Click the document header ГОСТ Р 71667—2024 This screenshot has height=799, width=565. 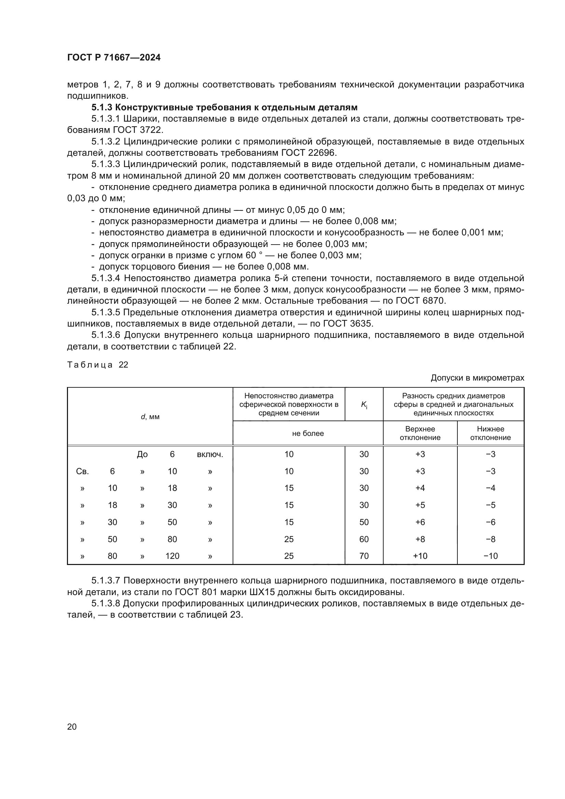point(114,58)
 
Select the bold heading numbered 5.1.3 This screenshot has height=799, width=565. point(224,107)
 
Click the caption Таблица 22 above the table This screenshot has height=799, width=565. point(98,365)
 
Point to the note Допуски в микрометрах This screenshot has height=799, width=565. point(477,378)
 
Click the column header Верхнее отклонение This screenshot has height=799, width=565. point(420,433)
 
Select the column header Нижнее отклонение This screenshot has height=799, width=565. point(490,433)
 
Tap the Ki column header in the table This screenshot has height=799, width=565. point(364,404)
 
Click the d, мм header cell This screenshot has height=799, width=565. point(150,416)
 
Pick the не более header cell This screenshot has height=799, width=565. point(308,433)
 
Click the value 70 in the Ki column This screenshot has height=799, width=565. point(364,556)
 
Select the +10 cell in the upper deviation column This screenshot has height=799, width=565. point(420,556)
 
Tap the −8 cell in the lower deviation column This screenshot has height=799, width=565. point(491,539)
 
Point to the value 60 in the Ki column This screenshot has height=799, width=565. point(364,539)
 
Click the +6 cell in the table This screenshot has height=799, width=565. point(420,522)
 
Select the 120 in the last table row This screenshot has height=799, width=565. point(172,556)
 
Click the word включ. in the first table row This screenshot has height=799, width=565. point(210,454)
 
